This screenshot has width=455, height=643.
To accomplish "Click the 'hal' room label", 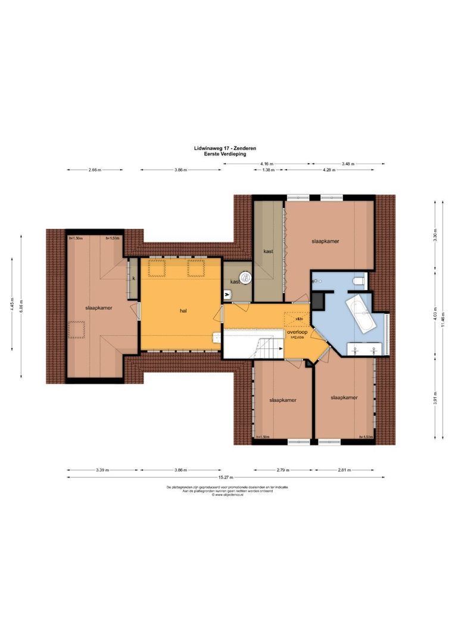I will point(184,311).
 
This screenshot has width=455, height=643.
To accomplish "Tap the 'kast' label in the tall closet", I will point(268,252).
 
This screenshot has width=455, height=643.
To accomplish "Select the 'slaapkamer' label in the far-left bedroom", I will point(99,308).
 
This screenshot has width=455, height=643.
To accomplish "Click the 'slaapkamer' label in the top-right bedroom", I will point(325,241).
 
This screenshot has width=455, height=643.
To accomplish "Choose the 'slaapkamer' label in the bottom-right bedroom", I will point(344,398).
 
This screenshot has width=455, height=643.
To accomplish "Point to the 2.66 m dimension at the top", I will point(95,170).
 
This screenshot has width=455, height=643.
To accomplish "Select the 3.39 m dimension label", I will point(102,470).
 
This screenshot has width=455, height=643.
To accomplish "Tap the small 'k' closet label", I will point(134,278).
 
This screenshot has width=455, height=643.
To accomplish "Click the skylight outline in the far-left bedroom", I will point(76,329).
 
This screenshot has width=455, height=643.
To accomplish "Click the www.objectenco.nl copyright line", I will point(227,494).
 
